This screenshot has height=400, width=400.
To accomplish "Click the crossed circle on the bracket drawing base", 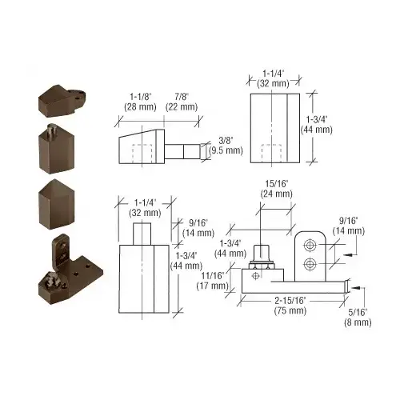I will click(254, 276).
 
